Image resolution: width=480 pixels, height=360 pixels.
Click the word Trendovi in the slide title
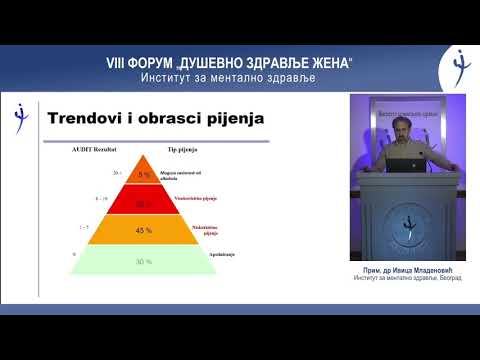(85, 119)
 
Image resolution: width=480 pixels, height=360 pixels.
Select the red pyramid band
(144, 203)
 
